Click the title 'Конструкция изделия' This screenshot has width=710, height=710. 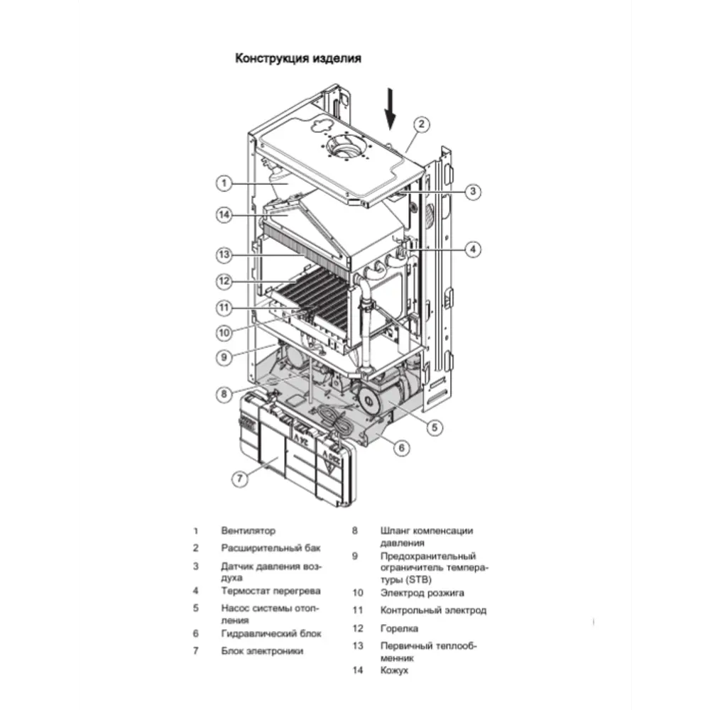coord(297,59)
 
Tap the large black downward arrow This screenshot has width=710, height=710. coord(390,109)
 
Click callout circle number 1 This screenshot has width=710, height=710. coord(223,183)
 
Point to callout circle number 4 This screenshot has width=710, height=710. coord(474,249)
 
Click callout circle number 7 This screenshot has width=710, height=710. coord(241,479)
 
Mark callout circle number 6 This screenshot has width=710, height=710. coord(401,447)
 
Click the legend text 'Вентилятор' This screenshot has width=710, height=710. coord(248,530)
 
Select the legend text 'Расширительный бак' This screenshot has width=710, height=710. coord(271,548)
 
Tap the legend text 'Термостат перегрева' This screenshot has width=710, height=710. coord(271,591)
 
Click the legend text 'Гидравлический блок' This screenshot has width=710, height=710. coord(271,633)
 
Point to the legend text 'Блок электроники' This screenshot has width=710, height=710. coord(262,650)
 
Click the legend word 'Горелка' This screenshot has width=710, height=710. coord(399,628)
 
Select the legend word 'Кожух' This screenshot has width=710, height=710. coord(394,670)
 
